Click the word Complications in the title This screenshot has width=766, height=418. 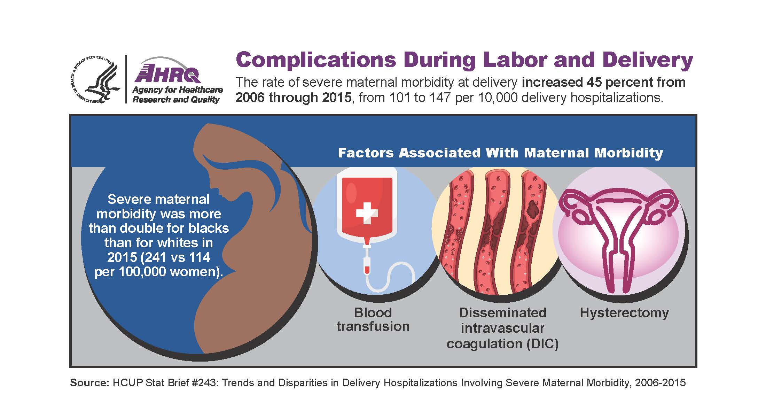316,60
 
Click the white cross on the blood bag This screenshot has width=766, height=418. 367,212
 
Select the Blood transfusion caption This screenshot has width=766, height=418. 373,319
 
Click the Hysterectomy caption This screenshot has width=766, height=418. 624,313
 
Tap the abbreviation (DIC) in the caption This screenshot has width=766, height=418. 542,344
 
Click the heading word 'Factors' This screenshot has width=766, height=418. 366,153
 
